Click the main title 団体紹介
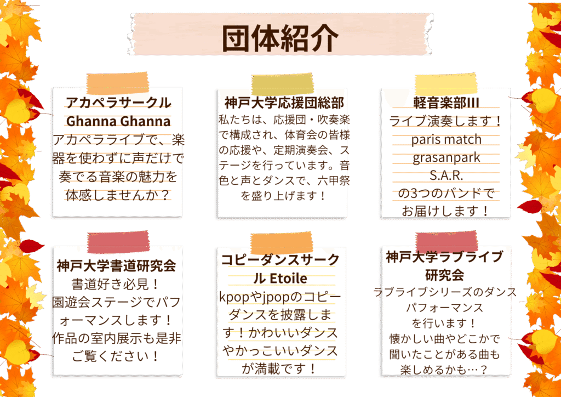coord(280,37)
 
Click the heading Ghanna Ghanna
coord(118,121)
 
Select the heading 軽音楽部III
coord(446,103)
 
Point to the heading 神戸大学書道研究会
coord(116,266)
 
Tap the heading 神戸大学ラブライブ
coord(444,257)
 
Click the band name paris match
coord(446,139)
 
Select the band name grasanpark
coord(446,157)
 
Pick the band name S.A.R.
coord(446,175)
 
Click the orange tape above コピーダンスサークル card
coord(282,242)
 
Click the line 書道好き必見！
coord(116,285)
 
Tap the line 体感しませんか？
coord(118,195)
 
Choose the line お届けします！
coord(446,210)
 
